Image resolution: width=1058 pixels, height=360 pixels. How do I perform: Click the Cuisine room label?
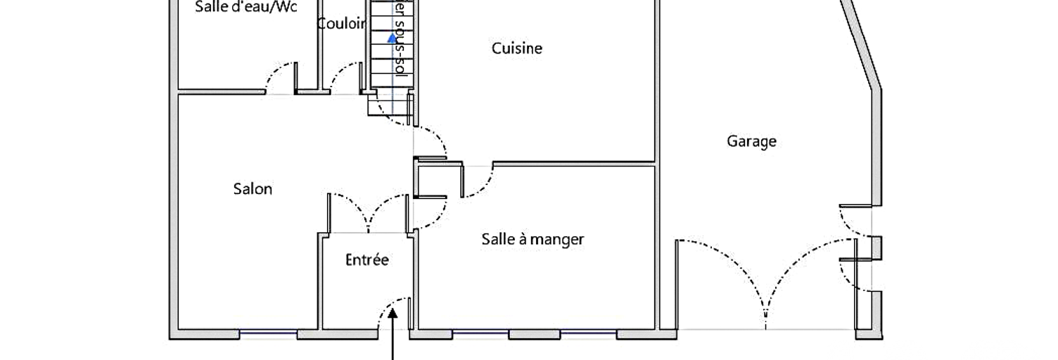click(x=516, y=49)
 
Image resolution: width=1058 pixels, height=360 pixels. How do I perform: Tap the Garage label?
click(x=751, y=141)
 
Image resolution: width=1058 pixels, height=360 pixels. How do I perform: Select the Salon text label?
click(x=253, y=189)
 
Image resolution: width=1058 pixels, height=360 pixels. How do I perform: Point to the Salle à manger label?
click(x=533, y=239)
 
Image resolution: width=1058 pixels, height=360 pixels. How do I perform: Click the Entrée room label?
click(x=367, y=260)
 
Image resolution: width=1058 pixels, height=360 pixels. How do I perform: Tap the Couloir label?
click(x=341, y=24)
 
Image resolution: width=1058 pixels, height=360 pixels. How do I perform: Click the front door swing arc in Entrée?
click(x=390, y=309)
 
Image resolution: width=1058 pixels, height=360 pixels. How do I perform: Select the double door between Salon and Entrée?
click(x=368, y=211)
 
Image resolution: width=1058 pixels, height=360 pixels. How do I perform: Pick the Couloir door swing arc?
click(x=345, y=74)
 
